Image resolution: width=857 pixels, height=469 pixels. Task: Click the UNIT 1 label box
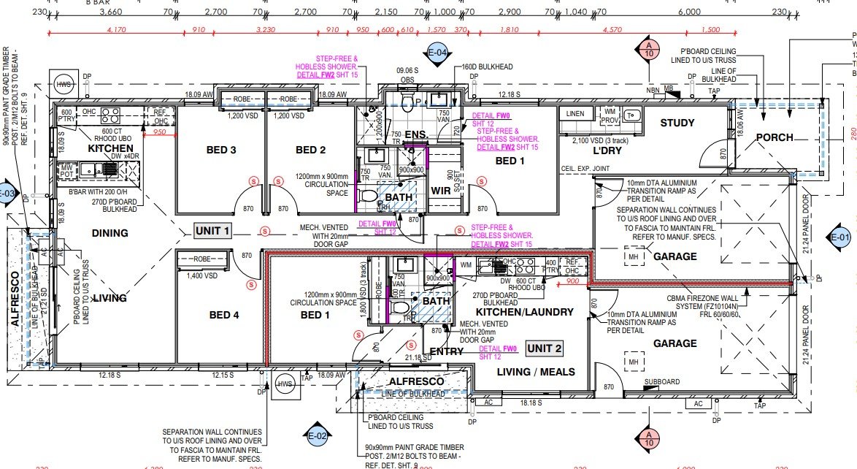pyautogui.click(x=212, y=231)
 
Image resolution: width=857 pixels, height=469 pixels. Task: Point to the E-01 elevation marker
pyautogui.click(x=841, y=237)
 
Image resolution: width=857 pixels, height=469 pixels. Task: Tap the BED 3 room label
pyautogui.click(x=221, y=150)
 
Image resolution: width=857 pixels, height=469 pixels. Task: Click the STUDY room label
pyautogui.click(x=677, y=123)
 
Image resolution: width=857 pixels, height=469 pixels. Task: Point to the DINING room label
pyautogui.click(x=109, y=233)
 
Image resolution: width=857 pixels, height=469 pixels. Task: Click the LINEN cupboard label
pyautogui.click(x=575, y=114)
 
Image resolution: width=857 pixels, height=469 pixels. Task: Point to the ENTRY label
pyautogui.click(x=446, y=351)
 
